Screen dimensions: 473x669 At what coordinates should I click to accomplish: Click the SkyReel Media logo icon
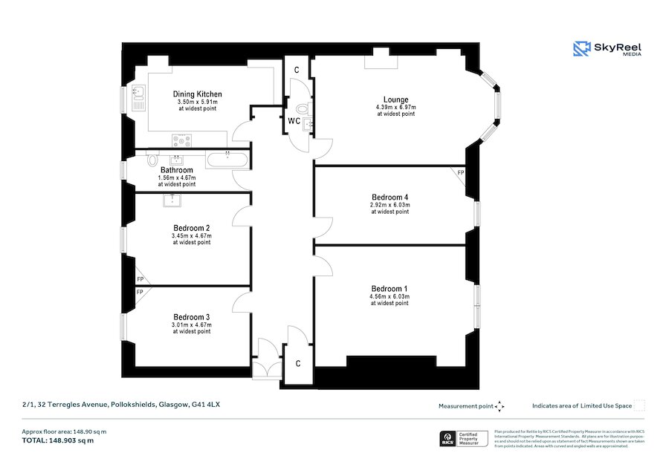click(x=581, y=49)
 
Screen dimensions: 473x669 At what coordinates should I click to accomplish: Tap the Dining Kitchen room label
click(x=197, y=94)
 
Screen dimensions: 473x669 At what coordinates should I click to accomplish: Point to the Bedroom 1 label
click(x=390, y=288)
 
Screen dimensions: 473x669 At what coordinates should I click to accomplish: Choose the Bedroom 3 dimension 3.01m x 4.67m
click(x=192, y=324)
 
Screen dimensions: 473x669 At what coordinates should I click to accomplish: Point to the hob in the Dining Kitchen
click(x=182, y=140)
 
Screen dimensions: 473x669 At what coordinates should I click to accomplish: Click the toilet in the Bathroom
click(x=153, y=159)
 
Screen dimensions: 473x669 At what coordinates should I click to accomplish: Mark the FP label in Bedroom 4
click(x=461, y=173)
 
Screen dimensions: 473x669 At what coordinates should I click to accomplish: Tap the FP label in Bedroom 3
click(x=139, y=293)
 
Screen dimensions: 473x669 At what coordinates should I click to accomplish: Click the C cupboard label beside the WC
click(x=297, y=70)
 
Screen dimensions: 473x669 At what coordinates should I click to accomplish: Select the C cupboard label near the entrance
click(x=297, y=363)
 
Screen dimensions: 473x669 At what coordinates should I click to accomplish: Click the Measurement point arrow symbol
click(x=500, y=406)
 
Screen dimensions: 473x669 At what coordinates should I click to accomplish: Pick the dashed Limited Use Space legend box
click(x=639, y=405)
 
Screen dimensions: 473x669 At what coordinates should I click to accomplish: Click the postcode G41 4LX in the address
click(x=207, y=405)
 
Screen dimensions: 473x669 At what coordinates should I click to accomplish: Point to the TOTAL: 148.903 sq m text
click(x=57, y=440)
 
